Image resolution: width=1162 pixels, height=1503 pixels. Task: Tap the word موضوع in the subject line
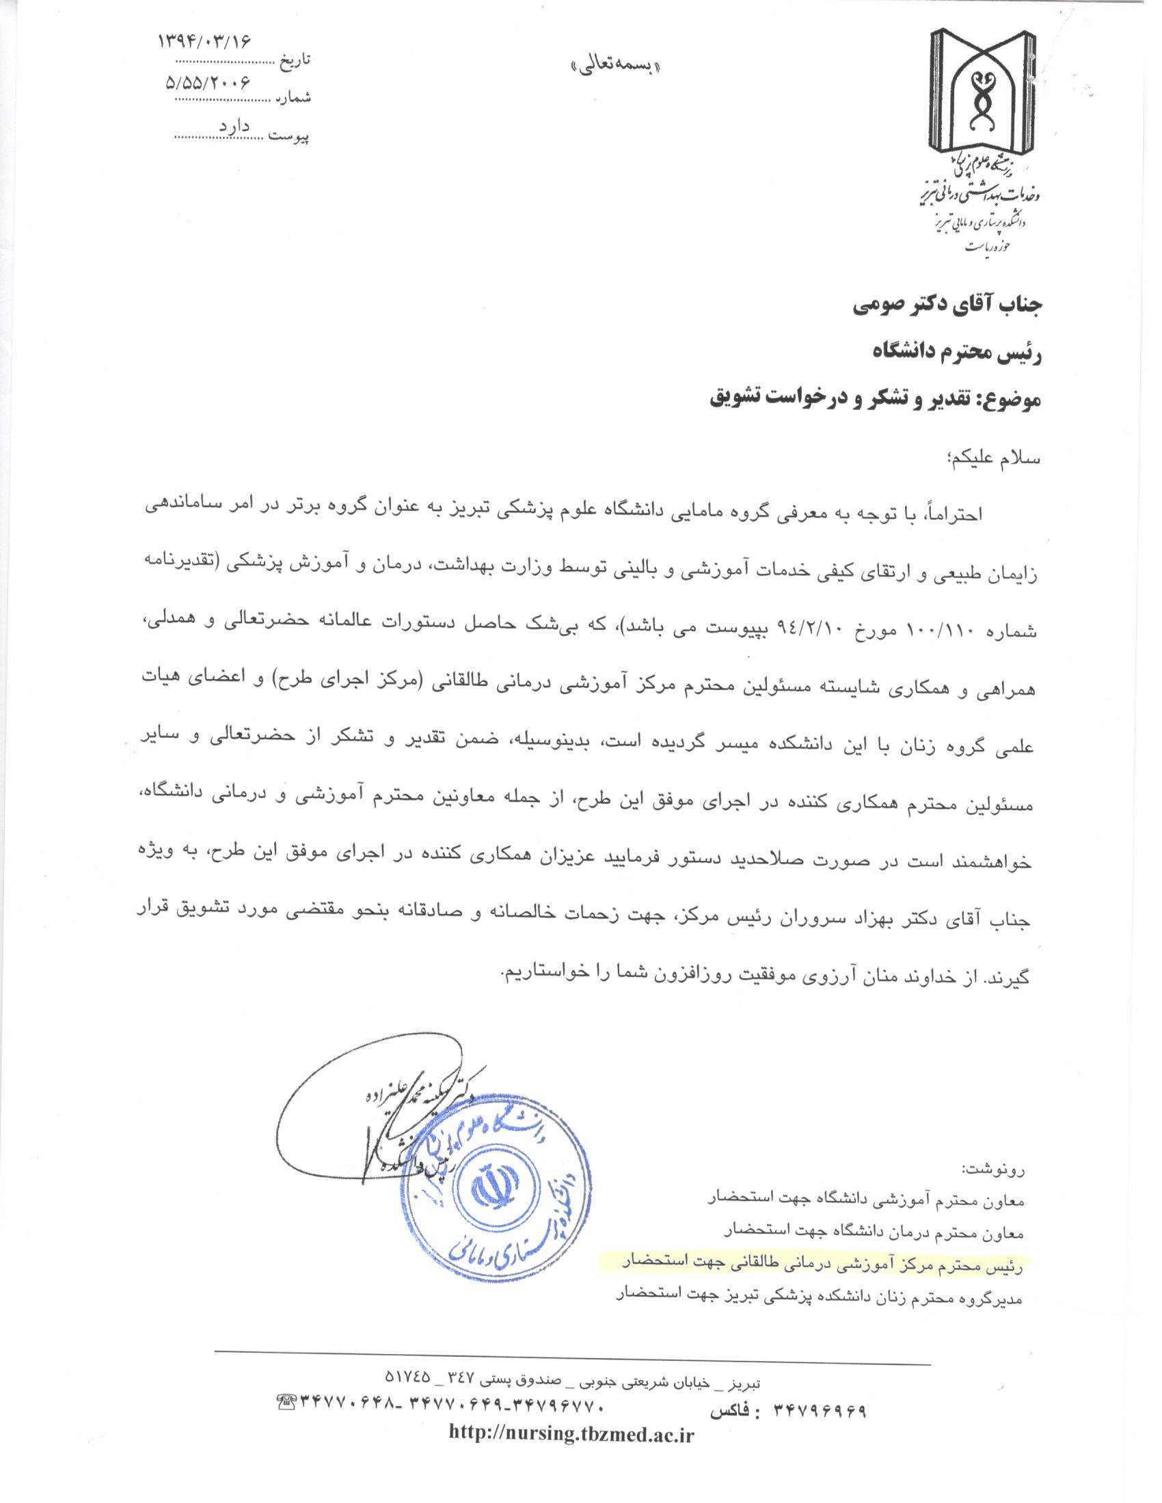coord(1008,399)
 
